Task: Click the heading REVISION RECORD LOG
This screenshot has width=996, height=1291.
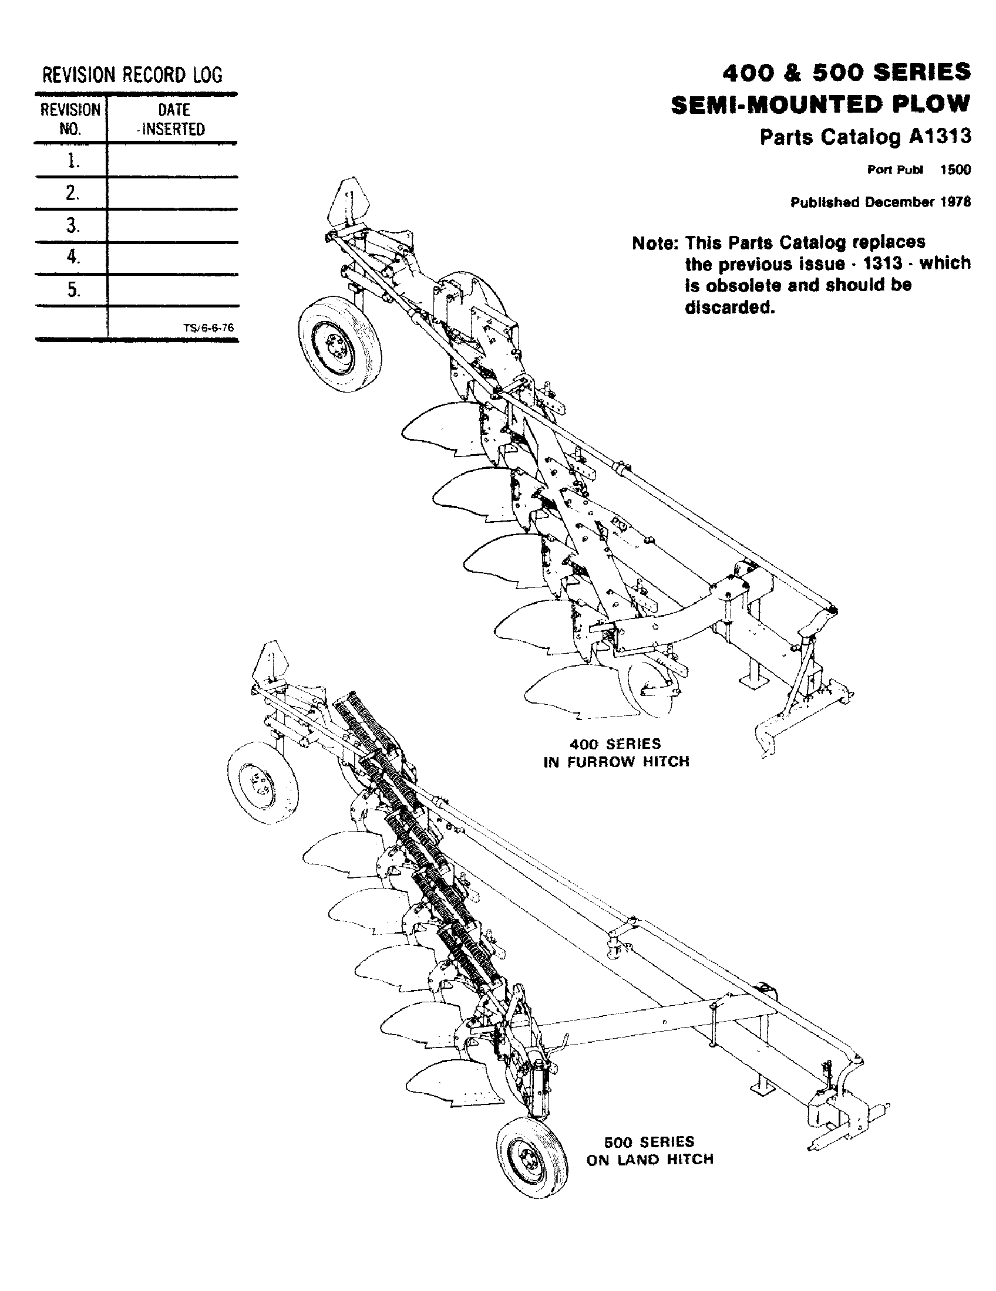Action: click(132, 75)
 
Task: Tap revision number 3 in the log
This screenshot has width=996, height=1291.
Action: click(72, 225)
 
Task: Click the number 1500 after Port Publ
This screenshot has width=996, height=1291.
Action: click(955, 170)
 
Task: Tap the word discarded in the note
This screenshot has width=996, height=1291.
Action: click(729, 308)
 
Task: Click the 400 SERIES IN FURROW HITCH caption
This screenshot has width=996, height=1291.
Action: click(615, 752)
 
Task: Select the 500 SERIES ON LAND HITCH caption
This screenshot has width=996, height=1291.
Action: click(649, 1150)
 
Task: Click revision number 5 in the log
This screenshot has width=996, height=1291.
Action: click(72, 290)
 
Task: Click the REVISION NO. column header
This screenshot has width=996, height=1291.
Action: click(70, 119)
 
